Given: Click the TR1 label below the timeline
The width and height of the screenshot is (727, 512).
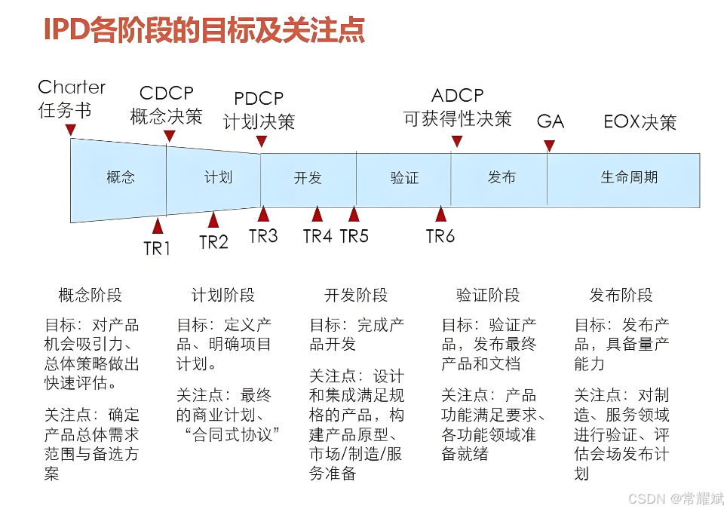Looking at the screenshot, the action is (x=157, y=248).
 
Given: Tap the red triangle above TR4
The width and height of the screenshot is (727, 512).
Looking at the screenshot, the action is (x=317, y=214).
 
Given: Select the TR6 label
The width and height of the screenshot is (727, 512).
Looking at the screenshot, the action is (x=440, y=236).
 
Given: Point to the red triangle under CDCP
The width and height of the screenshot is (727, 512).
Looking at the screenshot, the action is (x=170, y=136).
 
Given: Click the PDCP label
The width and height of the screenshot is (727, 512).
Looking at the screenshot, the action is (x=259, y=98).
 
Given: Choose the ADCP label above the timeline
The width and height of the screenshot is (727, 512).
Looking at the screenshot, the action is (x=458, y=96).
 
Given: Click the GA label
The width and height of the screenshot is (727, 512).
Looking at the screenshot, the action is (x=551, y=121).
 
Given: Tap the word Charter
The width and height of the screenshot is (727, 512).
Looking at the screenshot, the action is (x=72, y=87).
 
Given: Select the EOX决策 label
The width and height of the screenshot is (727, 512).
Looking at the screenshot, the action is (x=640, y=122).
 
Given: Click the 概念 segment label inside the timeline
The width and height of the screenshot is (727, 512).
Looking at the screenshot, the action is (x=121, y=177).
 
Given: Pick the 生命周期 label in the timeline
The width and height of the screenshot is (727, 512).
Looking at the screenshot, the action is (x=629, y=177).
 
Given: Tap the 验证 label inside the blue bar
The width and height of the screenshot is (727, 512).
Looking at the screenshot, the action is (x=405, y=178).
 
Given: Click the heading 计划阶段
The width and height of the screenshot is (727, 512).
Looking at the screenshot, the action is (x=223, y=295).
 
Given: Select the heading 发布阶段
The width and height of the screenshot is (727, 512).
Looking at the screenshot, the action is (x=621, y=295).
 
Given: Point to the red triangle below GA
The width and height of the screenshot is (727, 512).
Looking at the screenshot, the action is (x=550, y=146).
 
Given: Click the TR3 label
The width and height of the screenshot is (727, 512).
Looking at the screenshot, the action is (x=263, y=236).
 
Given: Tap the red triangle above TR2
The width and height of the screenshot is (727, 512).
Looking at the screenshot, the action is (x=213, y=219).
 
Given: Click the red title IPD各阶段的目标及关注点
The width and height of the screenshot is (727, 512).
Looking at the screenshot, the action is (x=204, y=29).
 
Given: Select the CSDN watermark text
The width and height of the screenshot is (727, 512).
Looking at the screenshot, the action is (x=676, y=498).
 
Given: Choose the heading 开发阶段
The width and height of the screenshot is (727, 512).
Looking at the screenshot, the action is (x=356, y=295).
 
